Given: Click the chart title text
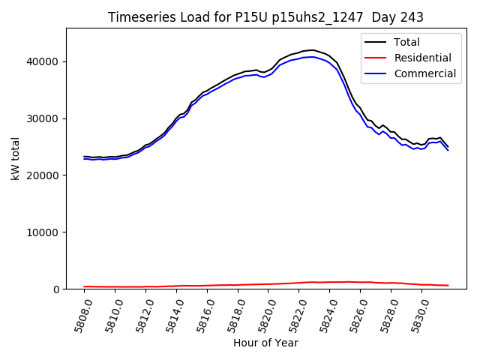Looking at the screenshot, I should (265, 17).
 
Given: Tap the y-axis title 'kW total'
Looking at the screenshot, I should (16, 158).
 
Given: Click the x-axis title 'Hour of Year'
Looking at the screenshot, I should (265, 343).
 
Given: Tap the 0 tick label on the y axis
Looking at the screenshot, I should (58, 289).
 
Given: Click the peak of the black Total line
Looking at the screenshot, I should (311, 50).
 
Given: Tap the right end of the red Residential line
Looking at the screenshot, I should (448, 285).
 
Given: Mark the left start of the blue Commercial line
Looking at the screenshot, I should (84, 159).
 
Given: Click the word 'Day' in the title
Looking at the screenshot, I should (379, 17).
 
